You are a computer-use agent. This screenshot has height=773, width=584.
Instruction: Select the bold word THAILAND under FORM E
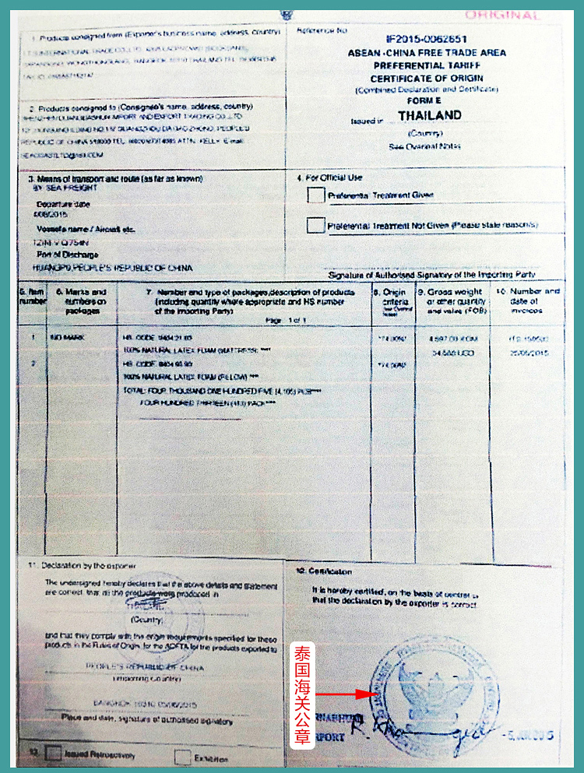[429, 115]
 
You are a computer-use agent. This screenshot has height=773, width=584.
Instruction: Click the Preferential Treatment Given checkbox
[315, 195]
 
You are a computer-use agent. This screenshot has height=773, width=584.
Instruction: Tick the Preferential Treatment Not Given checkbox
[315, 226]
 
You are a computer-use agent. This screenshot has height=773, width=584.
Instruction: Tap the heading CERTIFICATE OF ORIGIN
[427, 79]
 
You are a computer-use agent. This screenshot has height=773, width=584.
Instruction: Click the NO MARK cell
[62, 338]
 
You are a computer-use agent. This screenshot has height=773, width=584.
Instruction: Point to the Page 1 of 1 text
[283, 320]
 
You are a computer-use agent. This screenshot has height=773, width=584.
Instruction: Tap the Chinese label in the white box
[302, 695]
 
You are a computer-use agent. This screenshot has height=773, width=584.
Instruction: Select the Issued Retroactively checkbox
[54, 754]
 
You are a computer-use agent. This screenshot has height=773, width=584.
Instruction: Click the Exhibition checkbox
[182, 757]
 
